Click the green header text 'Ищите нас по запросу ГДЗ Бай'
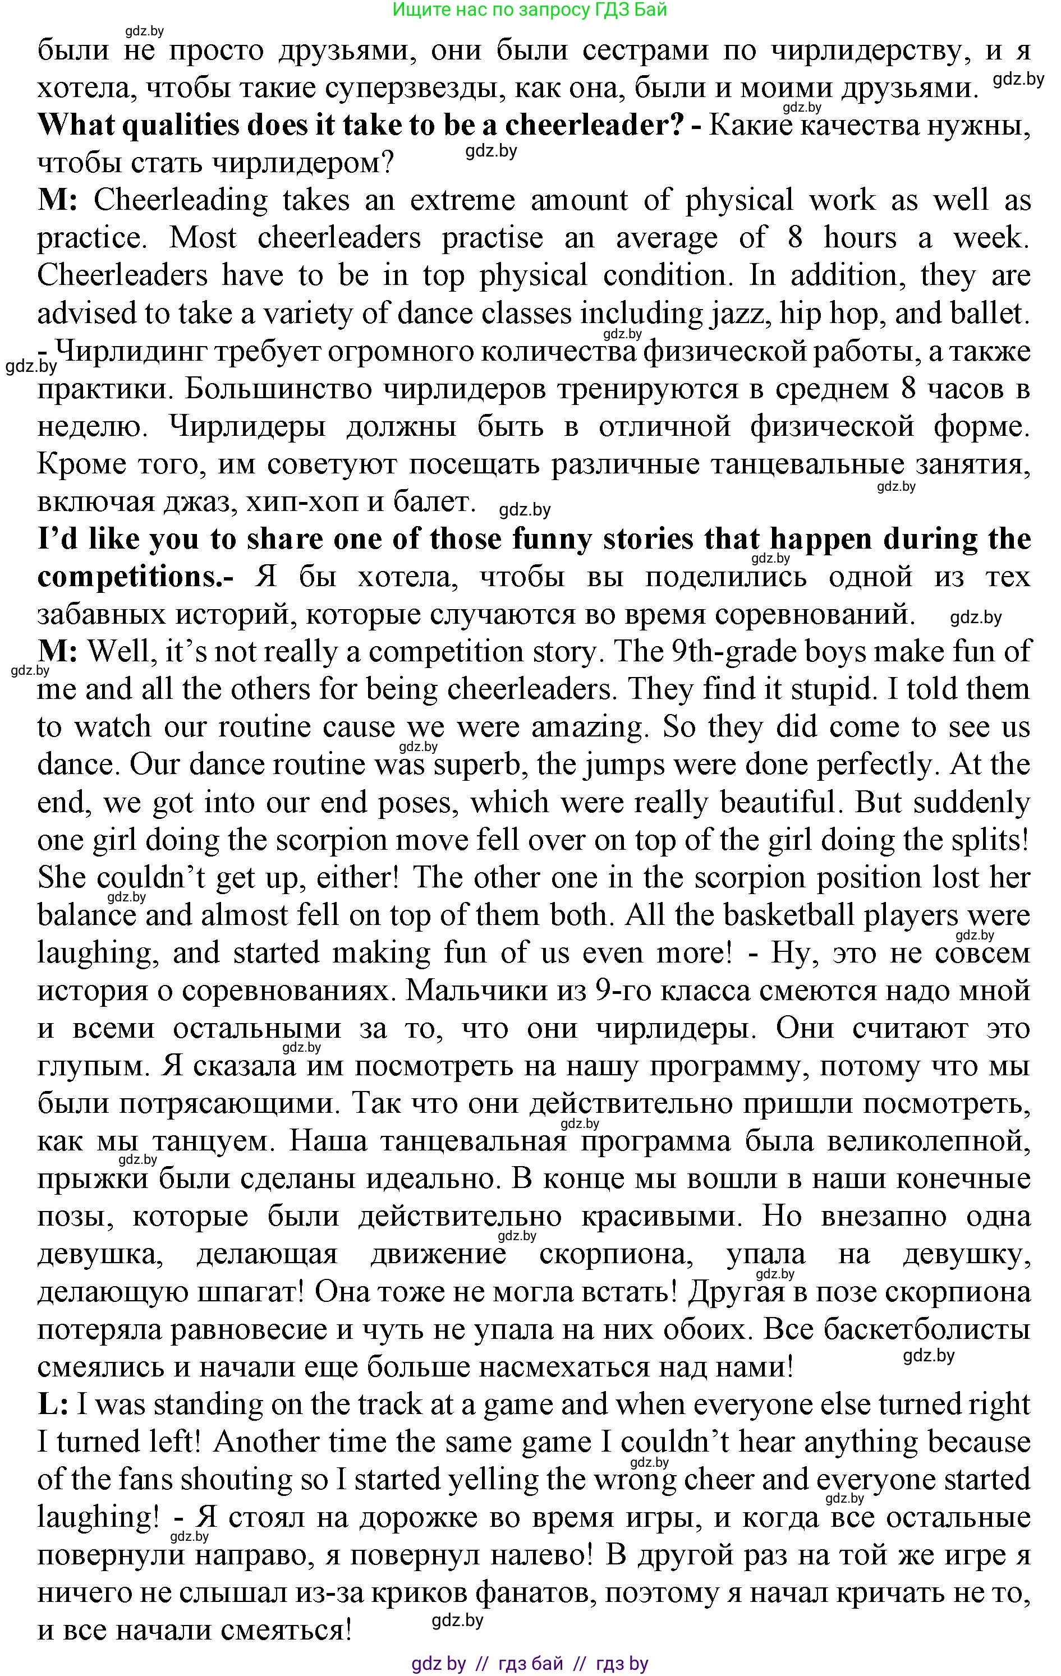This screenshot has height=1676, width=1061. tap(530, 10)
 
